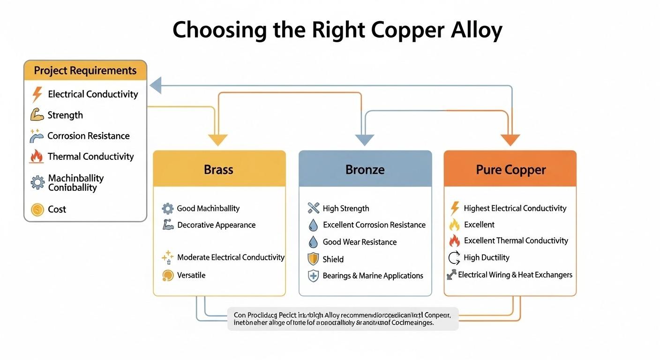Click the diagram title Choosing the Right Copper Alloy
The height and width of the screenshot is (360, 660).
tap(337, 30)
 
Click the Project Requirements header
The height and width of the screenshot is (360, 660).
tap(85, 71)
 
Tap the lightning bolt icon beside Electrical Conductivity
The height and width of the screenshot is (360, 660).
tap(37, 94)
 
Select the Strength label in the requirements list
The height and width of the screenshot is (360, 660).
tap(65, 115)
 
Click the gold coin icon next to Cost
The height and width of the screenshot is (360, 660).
tap(37, 210)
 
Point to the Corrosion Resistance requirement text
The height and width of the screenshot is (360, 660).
tap(88, 136)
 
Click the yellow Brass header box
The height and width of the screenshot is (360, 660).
tap(219, 169)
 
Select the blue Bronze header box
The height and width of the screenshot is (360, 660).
tap(365, 169)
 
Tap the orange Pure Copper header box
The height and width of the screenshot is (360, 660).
tap(510, 169)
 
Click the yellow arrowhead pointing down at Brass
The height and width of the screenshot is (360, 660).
tap(217, 140)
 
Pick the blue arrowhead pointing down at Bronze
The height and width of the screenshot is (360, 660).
tap(364, 140)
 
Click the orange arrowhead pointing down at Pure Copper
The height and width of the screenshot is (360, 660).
tap(510, 140)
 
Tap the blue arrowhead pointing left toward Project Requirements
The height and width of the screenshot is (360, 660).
tap(156, 86)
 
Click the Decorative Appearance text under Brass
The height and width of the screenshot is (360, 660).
tap(216, 225)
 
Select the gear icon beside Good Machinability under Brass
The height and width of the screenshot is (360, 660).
tap(167, 209)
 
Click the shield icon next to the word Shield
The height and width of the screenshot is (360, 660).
tap(313, 259)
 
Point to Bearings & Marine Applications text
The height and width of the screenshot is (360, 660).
tap(373, 276)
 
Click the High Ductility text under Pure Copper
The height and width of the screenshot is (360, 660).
tap(486, 257)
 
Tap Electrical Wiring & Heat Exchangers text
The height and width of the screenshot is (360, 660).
tap(515, 275)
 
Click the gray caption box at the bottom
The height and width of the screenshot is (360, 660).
tap(343, 319)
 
